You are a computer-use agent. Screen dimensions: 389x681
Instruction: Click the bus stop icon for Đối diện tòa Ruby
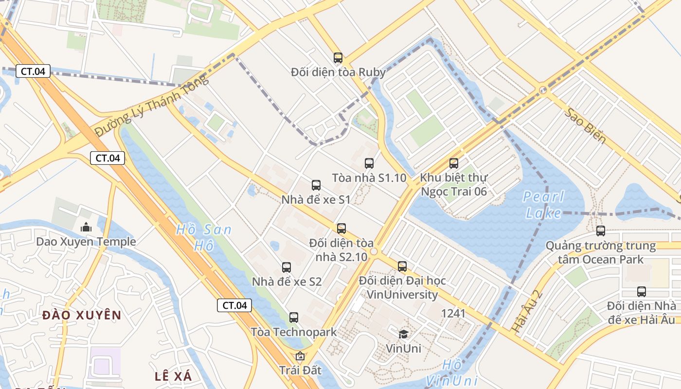[x=338, y=58]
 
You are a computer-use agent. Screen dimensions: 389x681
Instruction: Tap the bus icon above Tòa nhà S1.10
[x=369, y=163]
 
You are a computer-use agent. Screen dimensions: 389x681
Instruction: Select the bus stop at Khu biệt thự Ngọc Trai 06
[x=454, y=163]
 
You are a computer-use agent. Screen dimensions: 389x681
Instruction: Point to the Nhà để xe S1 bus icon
[x=316, y=185]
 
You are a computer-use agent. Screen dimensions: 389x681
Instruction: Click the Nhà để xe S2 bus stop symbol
[x=287, y=267]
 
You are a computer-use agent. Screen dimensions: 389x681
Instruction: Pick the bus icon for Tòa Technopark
[x=294, y=318]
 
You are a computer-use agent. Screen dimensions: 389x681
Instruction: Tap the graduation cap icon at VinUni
[x=403, y=334]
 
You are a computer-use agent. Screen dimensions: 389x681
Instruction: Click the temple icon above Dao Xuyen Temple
[x=86, y=227]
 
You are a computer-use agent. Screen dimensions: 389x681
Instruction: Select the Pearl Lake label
[x=543, y=205]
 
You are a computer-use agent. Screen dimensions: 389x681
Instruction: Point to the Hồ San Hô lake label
[x=204, y=237]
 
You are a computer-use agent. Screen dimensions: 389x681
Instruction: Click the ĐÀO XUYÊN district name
[x=81, y=315]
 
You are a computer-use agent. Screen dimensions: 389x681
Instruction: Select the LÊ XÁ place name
[x=173, y=376]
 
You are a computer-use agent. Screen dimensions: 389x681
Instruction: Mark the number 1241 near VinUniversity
[x=453, y=313]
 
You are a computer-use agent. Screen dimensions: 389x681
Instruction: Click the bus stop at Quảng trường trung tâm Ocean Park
[x=601, y=231]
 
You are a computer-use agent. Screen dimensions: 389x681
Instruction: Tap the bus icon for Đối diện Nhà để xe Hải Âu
[x=642, y=292]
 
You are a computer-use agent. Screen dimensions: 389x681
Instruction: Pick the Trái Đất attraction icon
[x=300, y=356]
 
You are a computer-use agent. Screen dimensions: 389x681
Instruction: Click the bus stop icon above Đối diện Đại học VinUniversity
[x=402, y=266]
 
